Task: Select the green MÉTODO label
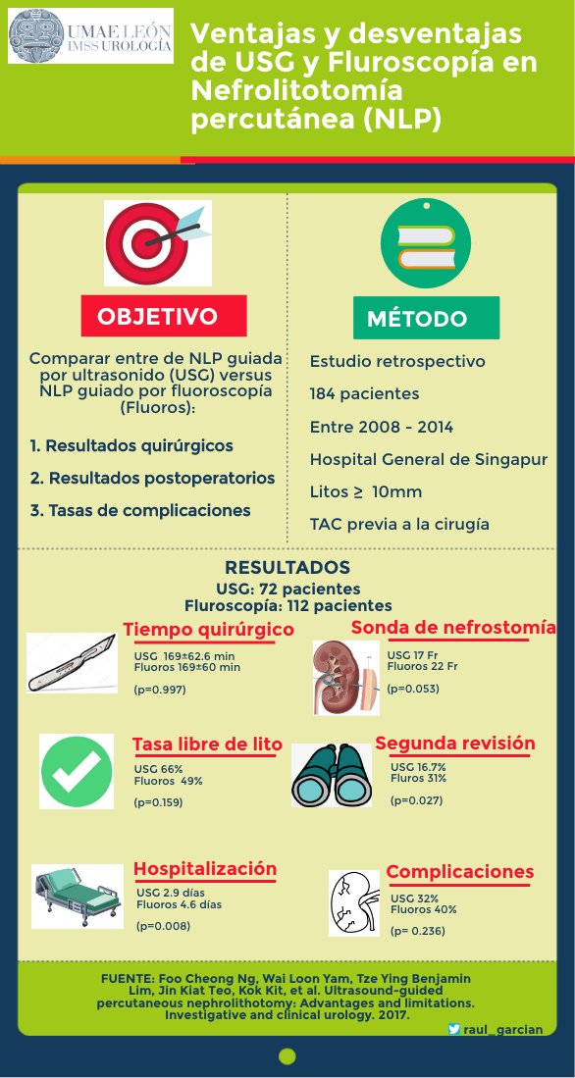tap(426, 319)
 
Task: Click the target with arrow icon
tap(157, 241)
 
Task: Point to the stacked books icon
tap(425, 240)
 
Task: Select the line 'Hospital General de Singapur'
tap(413, 459)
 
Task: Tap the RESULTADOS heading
tap(287, 568)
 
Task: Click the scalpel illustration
tap(75, 664)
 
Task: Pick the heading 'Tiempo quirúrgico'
tap(208, 629)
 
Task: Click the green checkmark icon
tap(76, 770)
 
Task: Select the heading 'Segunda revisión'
tap(454, 744)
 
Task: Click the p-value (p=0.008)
tap(164, 925)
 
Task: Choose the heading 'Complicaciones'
tap(459, 872)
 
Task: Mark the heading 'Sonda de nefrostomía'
tap(452, 627)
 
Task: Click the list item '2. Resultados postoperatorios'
tap(152, 478)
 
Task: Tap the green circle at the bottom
tap(287, 1055)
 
